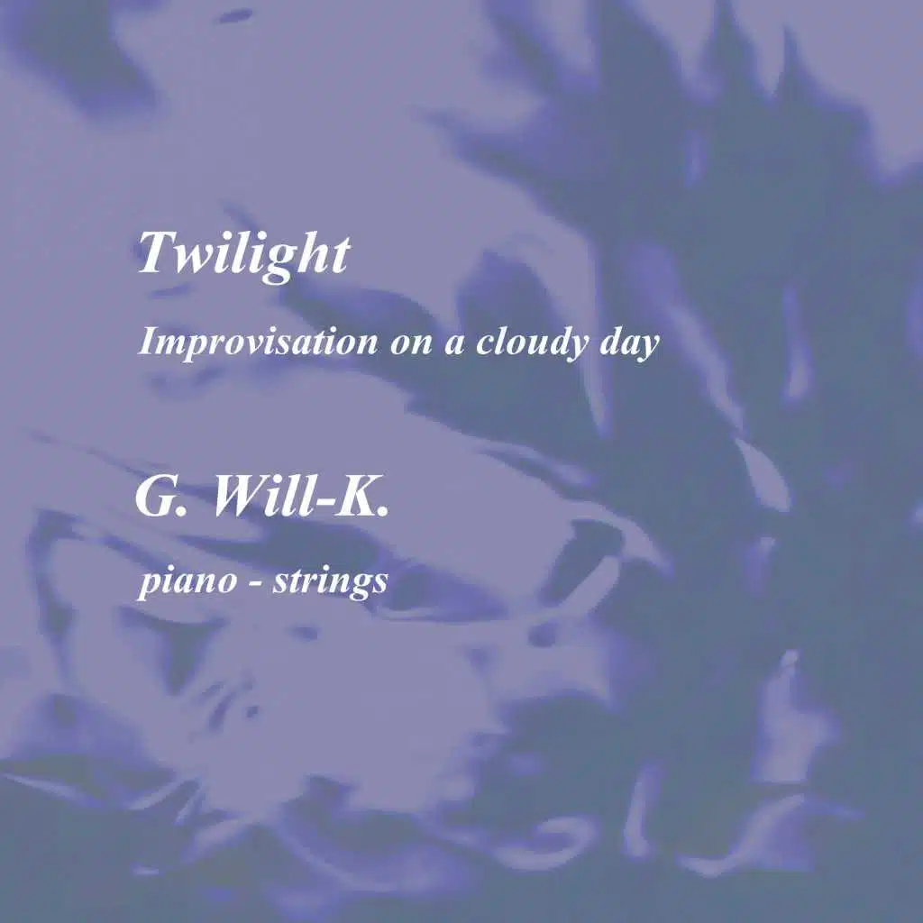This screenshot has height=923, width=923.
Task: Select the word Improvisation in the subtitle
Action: click(x=258, y=343)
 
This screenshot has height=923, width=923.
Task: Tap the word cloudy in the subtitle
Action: click(x=532, y=343)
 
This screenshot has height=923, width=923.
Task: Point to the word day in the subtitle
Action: click(x=629, y=343)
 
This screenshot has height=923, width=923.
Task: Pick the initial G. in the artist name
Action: click(x=161, y=496)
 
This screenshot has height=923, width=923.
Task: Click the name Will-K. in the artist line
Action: click(x=301, y=496)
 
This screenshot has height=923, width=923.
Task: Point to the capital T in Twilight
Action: click(x=157, y=251)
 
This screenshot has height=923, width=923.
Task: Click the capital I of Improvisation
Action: click(x=149, y=340)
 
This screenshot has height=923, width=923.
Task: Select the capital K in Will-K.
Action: click(x=354, y=496)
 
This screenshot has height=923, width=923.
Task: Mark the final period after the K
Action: click(x=382, y=512)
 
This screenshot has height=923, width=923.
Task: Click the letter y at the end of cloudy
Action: click(x=576, y=347)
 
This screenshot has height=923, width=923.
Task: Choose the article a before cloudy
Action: click(x=453, y=345)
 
